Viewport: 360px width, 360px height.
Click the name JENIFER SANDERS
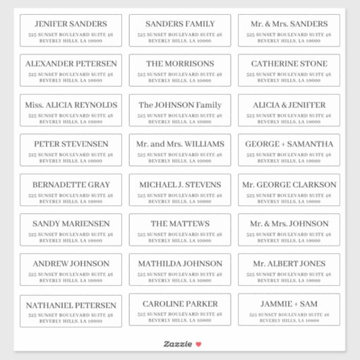coord(71,24)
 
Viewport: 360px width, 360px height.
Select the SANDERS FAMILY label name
coord(180,24)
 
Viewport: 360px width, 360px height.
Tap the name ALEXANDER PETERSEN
coord(71,64)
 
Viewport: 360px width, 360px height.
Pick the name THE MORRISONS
coord(180,64)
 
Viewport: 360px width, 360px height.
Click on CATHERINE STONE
coord(289,64)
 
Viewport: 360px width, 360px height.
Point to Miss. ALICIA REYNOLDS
coord(71,105)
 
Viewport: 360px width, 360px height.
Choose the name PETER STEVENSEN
coord(71,144)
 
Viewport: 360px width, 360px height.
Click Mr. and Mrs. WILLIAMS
coord(180,144)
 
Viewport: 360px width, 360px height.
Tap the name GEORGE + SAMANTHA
coord(289,144)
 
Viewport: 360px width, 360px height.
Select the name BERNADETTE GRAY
coord(71,185)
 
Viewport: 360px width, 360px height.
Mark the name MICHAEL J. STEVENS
coord(180,185)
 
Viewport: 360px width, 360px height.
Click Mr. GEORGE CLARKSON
coord(289,185)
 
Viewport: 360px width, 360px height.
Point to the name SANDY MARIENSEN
coord(71,224)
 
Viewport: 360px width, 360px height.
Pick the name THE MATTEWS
coord(180,224)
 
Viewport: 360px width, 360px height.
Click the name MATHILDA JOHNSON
coord(180,264)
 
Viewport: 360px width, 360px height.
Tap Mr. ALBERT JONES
coord(289,264)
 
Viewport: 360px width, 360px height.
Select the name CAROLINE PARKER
coord(180,304)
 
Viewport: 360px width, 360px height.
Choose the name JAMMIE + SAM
coord(289,304)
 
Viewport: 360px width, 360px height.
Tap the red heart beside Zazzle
coord(198,344)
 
